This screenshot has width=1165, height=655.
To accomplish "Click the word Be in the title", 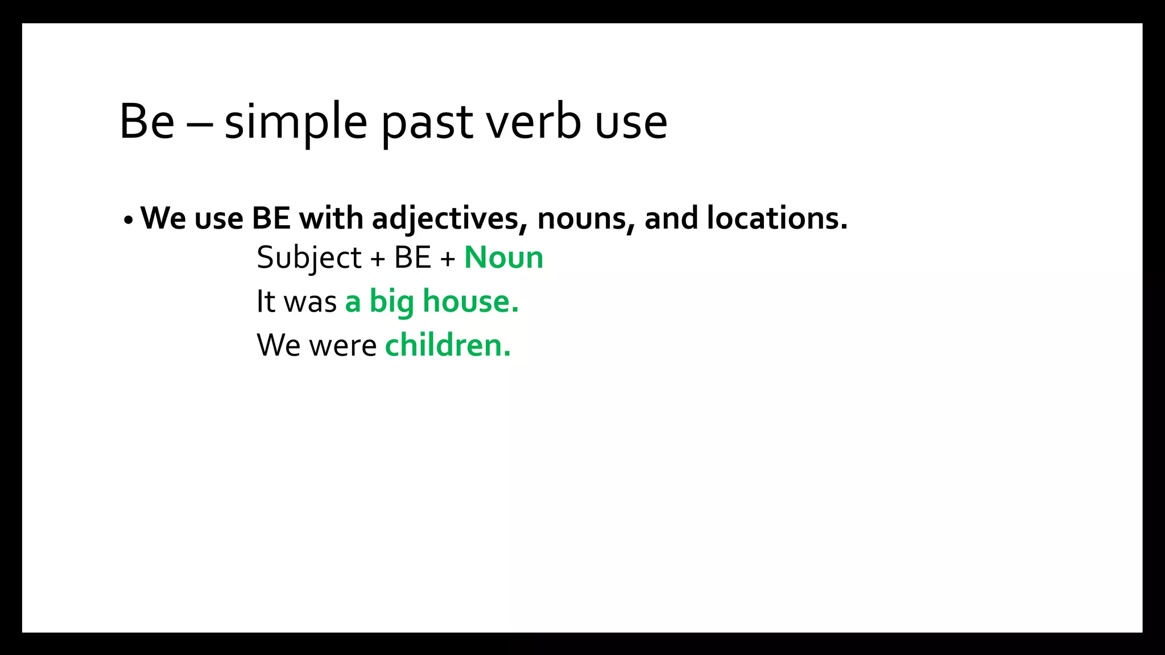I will tap(147, 121).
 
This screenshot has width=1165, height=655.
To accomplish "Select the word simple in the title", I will tap(296, 122).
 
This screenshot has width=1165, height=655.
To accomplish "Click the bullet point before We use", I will tap(128, 219).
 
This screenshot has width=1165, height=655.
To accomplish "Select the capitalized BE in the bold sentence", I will tap(271, 218).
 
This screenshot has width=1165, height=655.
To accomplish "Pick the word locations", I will tap(776, 218).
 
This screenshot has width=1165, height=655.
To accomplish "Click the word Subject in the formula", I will tap(309, 258).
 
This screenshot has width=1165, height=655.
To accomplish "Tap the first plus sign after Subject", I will tap(378, 259).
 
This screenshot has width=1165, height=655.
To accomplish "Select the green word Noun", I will tap(503, 258).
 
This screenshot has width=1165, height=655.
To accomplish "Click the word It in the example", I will tap(266, 301).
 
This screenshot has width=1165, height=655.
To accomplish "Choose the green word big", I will tap(391, 302).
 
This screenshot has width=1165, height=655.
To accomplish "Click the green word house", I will tap(470, 301).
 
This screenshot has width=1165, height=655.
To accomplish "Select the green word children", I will tap(448, 345).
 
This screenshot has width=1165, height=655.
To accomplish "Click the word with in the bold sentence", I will tap(331, 218).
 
